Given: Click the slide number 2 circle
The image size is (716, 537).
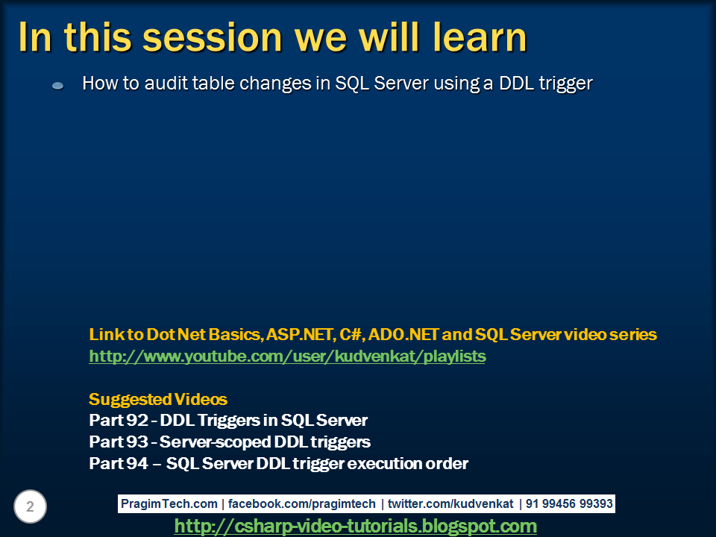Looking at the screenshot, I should click(x=30, y=507).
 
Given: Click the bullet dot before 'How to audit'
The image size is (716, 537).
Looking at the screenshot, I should click(x=57, y=87).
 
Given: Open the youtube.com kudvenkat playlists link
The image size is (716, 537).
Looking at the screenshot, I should click(x=287, y=357).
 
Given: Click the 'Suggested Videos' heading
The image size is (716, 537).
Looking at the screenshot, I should click(x=158, y=398).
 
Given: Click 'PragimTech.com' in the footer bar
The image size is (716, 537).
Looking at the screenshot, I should click(x=169, y=504).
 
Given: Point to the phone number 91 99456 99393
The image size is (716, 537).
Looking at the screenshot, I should click(x=569, y=504).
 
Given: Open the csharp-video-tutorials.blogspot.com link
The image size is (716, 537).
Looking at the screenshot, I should click(x=355, y=527).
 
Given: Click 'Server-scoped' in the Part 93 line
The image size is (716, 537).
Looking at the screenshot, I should click(x=210, y=442).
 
